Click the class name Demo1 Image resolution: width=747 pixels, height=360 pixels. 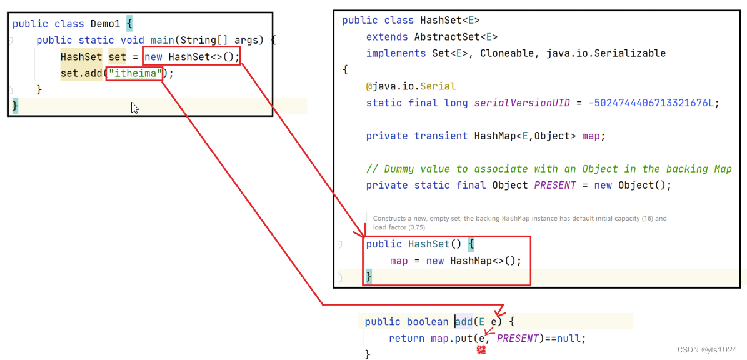coord(106,24)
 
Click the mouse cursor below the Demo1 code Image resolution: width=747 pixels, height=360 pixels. coord(134,107)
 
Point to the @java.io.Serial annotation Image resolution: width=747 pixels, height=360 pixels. coord(411,86)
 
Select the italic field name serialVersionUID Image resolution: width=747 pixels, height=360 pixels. coord(522,102)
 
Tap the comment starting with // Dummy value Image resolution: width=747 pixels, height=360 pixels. coord(549,169)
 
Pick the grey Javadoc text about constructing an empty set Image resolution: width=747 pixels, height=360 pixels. coord(519,222)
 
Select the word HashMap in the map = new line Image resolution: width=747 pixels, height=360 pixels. coord(471,261)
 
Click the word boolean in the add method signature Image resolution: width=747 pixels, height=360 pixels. coord(427,322)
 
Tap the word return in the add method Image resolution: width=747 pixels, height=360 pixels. coord(406,338)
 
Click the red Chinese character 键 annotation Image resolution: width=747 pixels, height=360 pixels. coord(481,350)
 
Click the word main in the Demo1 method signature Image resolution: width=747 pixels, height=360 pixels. coord(162,41)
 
